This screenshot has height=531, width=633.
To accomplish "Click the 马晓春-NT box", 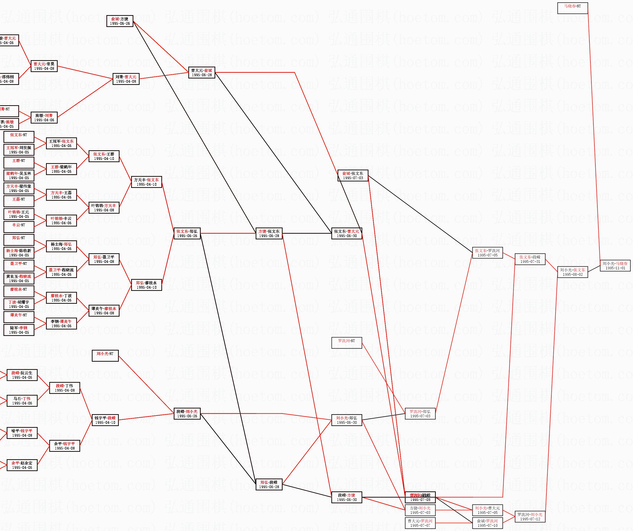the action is pos(572,8).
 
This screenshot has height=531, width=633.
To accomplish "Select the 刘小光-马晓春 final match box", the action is pos(615,266).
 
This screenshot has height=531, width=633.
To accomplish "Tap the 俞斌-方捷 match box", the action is pos(120,21).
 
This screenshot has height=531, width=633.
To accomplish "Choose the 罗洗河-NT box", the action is pos(346,343).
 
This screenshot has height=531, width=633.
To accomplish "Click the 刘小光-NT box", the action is pos(105,355).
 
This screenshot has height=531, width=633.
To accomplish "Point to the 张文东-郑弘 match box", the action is pos(187,233).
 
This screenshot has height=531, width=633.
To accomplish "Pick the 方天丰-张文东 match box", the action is pos(146,182).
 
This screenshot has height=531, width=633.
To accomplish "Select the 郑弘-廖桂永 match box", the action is pos(146,285).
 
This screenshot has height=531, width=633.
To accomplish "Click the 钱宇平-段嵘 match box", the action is pos(105,420).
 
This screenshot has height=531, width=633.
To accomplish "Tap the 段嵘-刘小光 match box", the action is pos(187,414).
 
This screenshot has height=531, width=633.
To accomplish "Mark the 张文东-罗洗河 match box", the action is pos(487,253).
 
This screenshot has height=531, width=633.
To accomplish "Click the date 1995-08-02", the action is pos(572,274).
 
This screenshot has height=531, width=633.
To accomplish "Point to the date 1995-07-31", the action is pos(530,261).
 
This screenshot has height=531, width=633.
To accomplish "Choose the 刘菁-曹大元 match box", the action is pos(126,79).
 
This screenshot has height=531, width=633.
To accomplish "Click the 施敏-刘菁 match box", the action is pos(44,118).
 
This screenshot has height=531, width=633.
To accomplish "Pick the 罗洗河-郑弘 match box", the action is pos(420,414).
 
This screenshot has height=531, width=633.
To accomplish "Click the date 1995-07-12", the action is pos(530,519).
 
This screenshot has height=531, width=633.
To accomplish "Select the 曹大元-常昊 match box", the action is pos(44,66).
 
